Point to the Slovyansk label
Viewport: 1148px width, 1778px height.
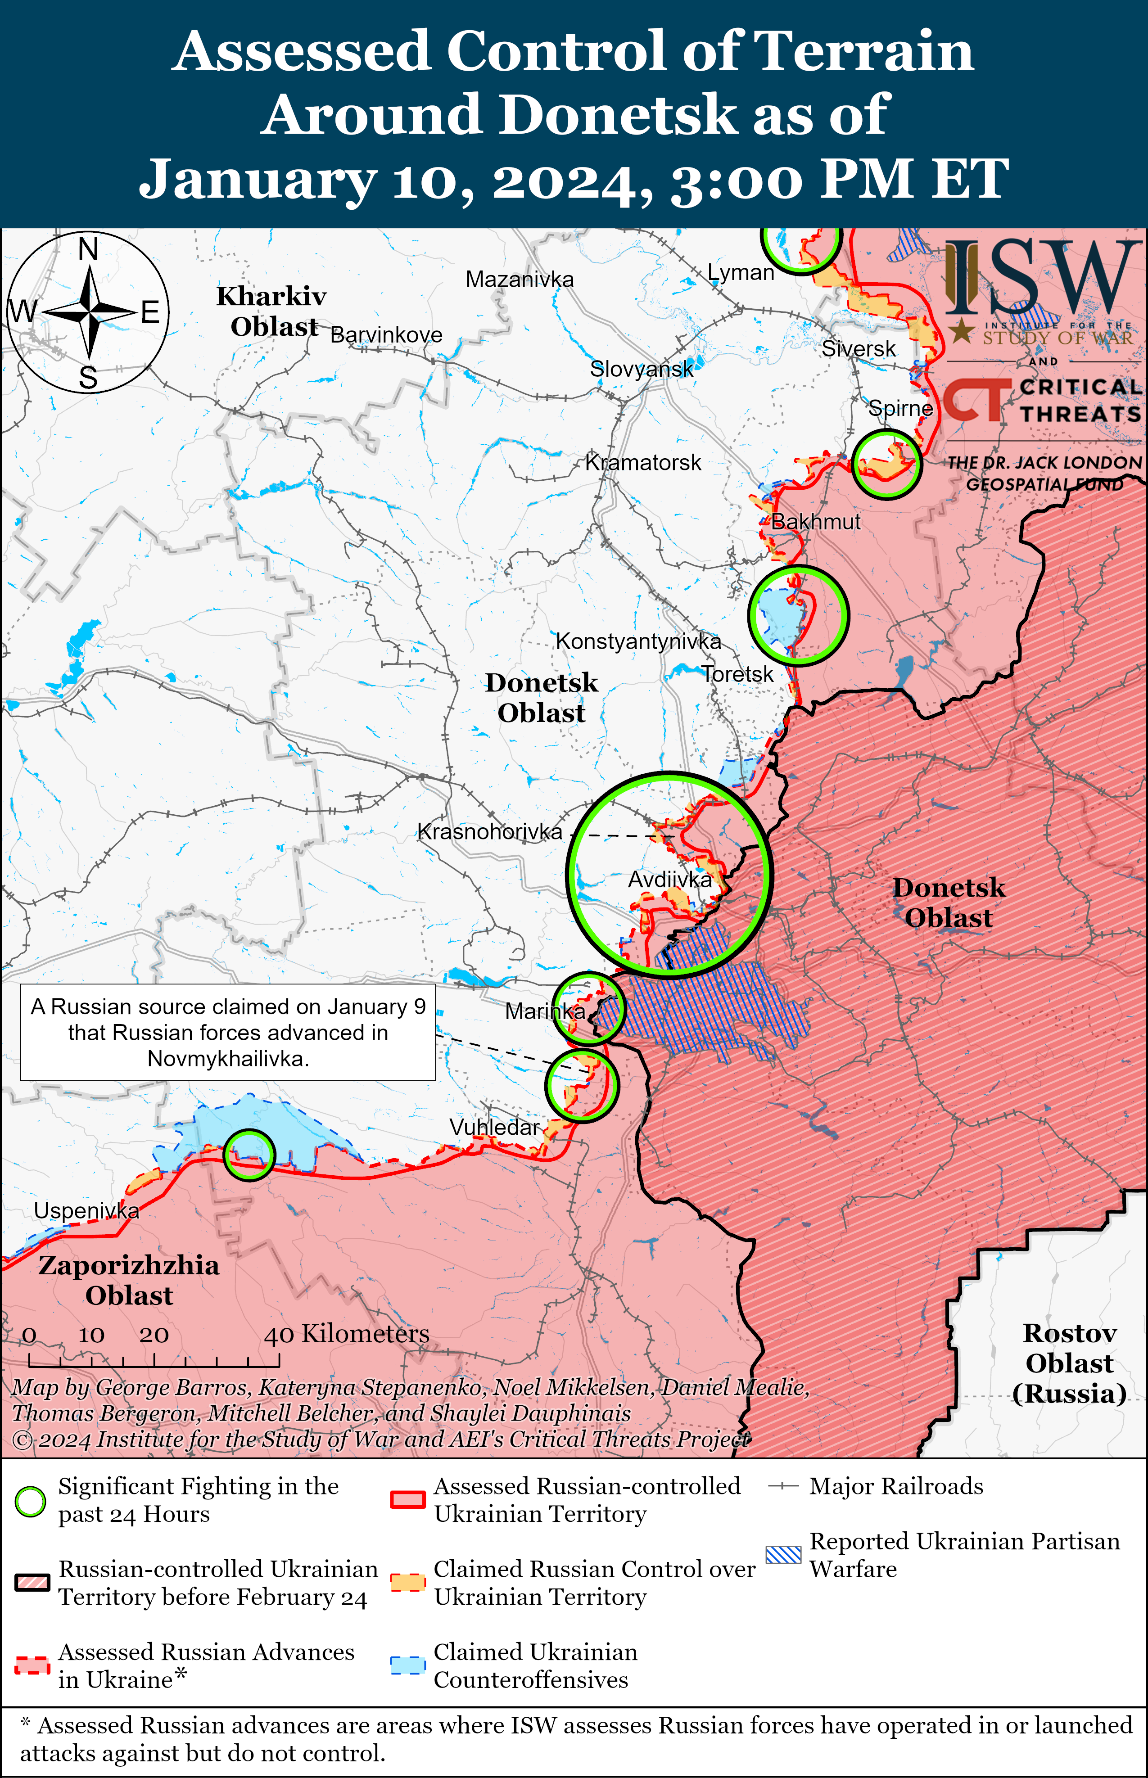[641, 369]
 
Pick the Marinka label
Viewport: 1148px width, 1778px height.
[545, 1011]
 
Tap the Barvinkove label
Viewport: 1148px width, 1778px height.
[386, 335]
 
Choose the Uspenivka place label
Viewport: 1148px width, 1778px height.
[86, 1210]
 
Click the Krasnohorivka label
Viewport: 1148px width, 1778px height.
[490, 832]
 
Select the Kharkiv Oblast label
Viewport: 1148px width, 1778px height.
[272, 311]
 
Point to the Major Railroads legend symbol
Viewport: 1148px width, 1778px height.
[783, 1487]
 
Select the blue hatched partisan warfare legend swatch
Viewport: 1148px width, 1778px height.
[783, 1554]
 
